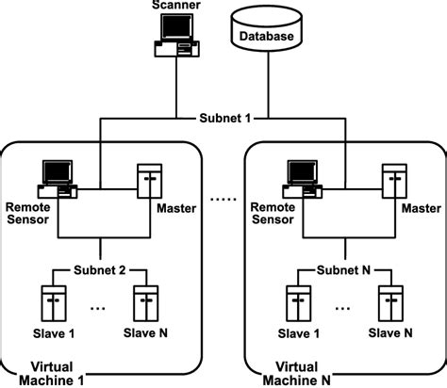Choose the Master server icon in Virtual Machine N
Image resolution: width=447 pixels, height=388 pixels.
[393, 181]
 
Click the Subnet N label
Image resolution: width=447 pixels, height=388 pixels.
[343, 270]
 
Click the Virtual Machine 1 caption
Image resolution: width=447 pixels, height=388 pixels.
[48, 372]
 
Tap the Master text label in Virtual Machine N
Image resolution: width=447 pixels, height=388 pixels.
[420, 205]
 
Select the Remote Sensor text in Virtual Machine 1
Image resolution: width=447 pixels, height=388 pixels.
[28, 211]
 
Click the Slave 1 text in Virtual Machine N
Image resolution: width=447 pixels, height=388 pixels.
[298, 332]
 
